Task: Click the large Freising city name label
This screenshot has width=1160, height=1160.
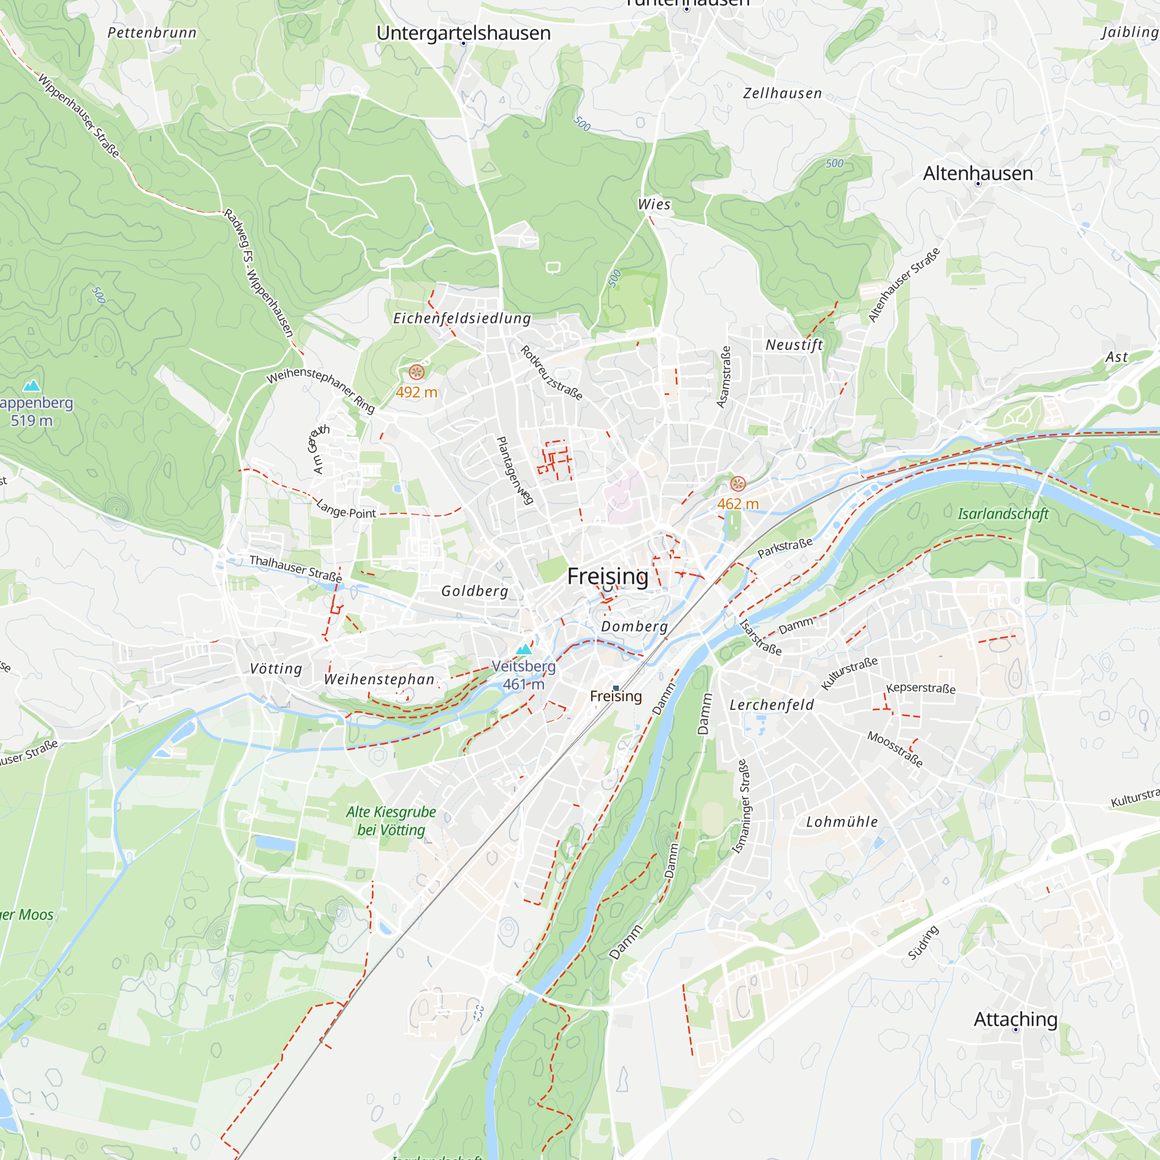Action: click(608, 576)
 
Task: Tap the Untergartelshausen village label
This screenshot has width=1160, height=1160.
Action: click(463, 33)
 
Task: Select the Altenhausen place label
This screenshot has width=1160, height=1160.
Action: click(977, 173)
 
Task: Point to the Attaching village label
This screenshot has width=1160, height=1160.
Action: click(1016, 1019)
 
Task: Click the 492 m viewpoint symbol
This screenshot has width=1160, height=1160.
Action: click(416, 372)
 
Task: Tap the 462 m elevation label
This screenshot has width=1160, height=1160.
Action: click(737, 504)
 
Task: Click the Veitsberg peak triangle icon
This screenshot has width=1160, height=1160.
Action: click(524, 649)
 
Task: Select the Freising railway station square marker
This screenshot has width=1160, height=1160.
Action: click(616, 688)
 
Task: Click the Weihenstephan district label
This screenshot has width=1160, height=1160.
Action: click(379, 679)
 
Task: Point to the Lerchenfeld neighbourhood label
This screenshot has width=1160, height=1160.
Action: click(771, 705)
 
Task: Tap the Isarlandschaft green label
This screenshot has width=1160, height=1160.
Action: click(1003, 514)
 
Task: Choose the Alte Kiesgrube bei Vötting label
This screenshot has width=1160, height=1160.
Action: click(391, 821)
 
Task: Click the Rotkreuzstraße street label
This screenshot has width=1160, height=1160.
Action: click(550, 373)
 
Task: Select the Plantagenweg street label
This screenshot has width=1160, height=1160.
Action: click(514, 470)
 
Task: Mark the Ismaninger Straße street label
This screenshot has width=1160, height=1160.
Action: click(741, 806)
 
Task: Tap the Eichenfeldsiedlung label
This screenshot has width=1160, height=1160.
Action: click(462, 318)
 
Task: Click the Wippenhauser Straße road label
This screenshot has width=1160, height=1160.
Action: click(79, 116)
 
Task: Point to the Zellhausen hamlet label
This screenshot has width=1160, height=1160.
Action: click(782, 93)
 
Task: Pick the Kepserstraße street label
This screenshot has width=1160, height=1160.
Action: click(920, 688)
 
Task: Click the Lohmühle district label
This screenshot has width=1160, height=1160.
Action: click(842, 822)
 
